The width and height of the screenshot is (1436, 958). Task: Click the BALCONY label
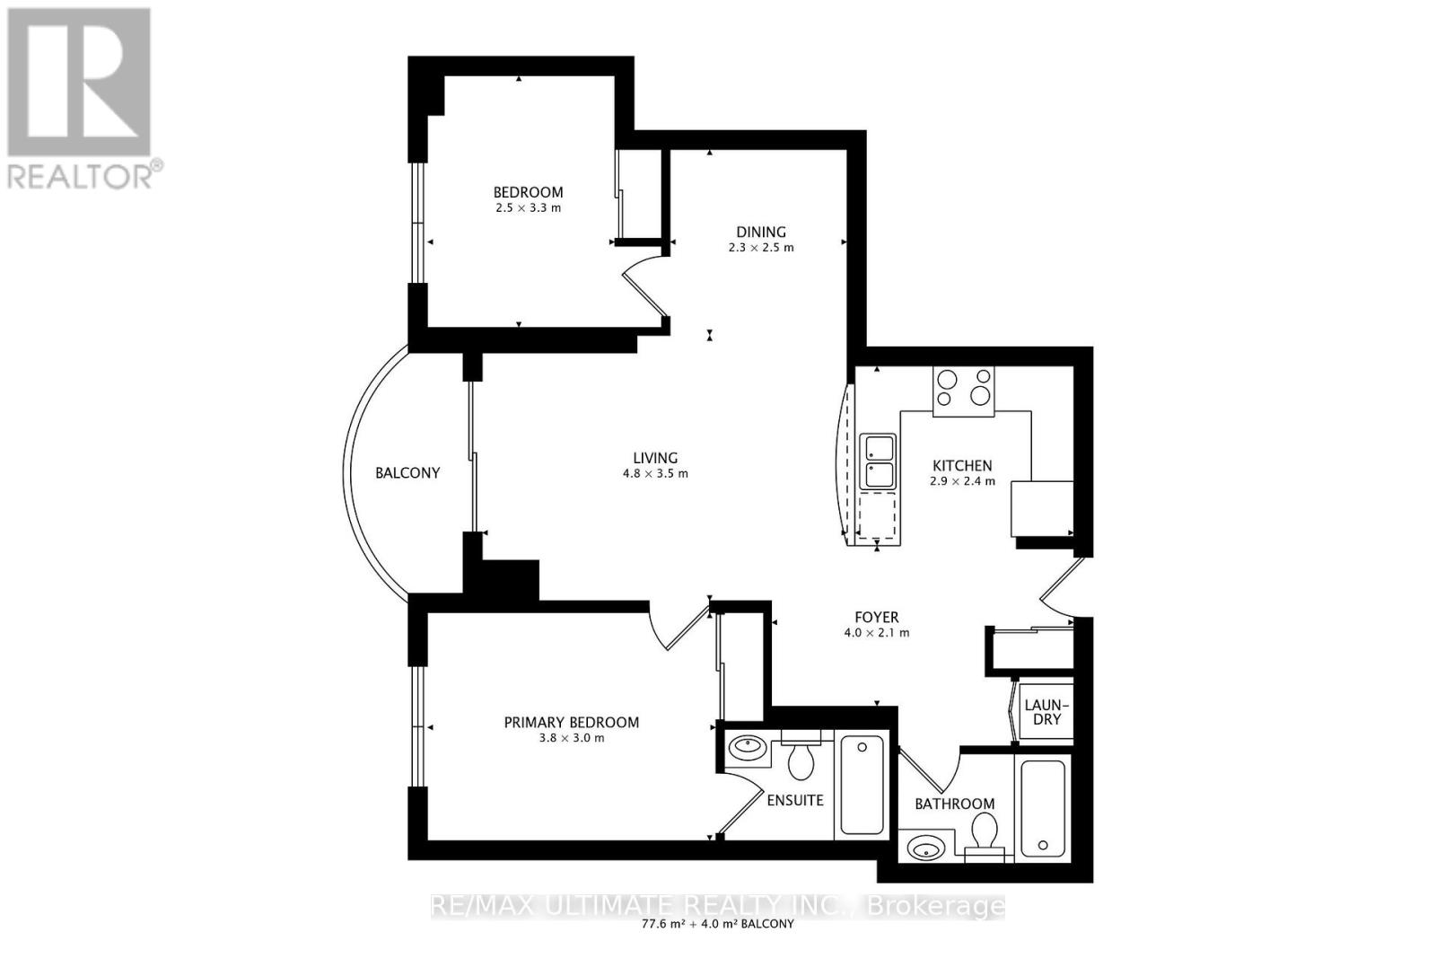click(407, 473)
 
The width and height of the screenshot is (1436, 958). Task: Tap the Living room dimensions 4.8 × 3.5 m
click(655, 473)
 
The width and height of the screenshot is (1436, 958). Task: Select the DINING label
click(761, 232)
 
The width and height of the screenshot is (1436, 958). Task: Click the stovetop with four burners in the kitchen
click(963, 391)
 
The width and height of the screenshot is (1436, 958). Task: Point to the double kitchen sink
click(878, 461)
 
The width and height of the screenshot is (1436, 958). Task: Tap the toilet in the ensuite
click(800, 760)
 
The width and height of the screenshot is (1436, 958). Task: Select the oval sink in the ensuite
click(747, 745)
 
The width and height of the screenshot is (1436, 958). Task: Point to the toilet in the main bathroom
click(987, 831)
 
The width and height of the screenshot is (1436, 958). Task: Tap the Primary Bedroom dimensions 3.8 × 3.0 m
click(572, 738)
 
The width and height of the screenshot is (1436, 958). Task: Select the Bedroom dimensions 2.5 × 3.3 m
click(529, 207)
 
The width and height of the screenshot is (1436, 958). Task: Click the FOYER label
click(876, 618)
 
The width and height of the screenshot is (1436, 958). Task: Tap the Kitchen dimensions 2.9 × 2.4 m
click(962, 481)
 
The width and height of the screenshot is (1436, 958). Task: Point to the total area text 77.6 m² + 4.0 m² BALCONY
click(717, 924)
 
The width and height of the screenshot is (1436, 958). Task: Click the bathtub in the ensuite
click(862, 784)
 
